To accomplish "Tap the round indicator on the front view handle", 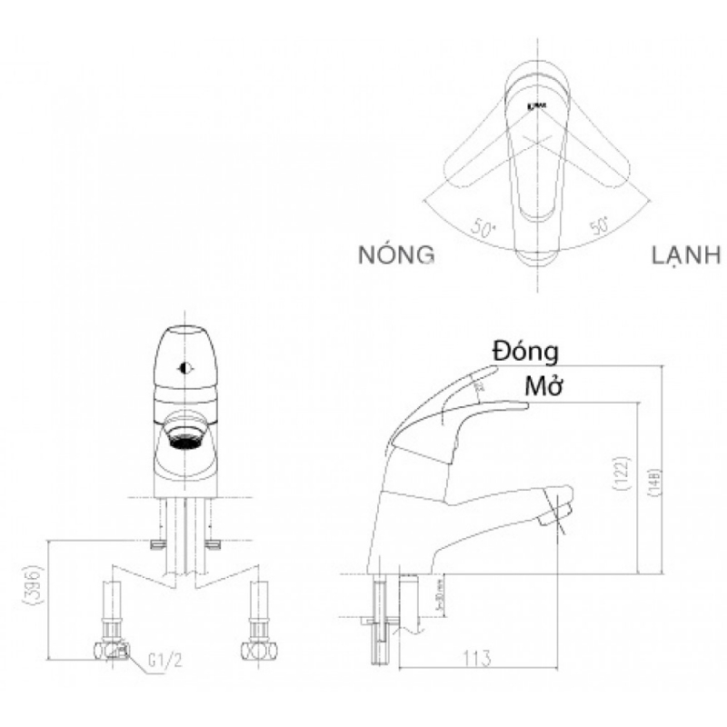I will tap(185, 369).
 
